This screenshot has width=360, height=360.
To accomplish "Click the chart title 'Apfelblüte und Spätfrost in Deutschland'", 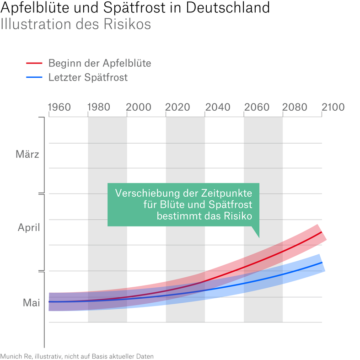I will coord(135,8).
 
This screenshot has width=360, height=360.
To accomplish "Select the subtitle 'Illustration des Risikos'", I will coord(75,24).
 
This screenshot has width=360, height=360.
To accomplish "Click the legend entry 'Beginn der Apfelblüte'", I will coord(99,63).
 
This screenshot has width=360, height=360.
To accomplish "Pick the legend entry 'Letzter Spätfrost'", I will coord(88,77).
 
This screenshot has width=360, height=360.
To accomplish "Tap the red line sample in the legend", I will coord(34,63).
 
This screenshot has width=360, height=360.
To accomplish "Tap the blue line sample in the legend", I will coord(34,77).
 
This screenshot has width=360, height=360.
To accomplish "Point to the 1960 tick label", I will coord(60,107).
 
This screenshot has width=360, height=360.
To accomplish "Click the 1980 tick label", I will coord(99,107).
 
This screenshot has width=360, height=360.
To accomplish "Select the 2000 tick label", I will coord(139,107).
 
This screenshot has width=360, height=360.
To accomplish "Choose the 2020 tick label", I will coord(177,107).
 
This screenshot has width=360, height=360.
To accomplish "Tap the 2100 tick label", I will coord(333,107).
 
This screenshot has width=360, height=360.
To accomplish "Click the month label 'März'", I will coord(27,154).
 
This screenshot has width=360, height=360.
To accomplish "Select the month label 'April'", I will coord(29,227).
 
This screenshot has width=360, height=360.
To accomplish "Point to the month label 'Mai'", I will coord(32,302).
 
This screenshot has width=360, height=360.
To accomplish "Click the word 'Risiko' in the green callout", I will coord(237,215).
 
